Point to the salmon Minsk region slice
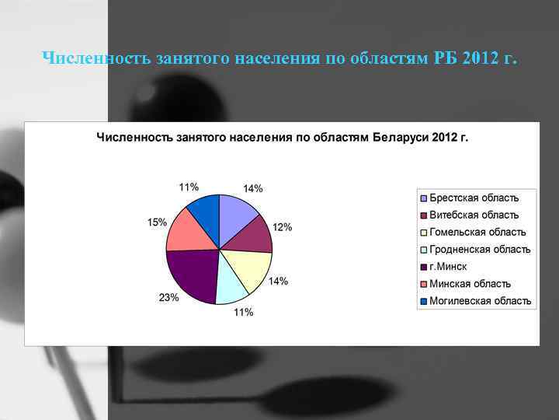pyautogui.click(x=187, y=232)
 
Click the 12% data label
pyautogui.click(x=283, y=227)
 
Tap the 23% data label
pyautogui.click(x=169, y=297)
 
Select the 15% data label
pyautogui.click(x=157, y=222)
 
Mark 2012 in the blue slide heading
pyautogui.click(x=477, y=58)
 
